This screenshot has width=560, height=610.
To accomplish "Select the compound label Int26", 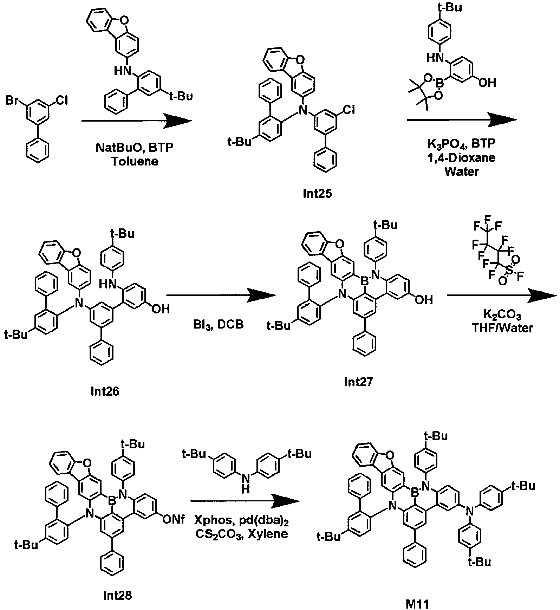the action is pyautogui.click(x=104, y=391).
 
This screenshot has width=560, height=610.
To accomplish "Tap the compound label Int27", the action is pyautogui.click(x=358, y=382).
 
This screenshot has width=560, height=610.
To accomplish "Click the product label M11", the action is pyautogui.click(x=415, y=605).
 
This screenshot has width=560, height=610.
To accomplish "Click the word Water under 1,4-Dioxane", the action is pyautogui.click(x=461, y=171).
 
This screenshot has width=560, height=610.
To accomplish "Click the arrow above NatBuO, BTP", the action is pyautogui.click(x=137, y=121).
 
